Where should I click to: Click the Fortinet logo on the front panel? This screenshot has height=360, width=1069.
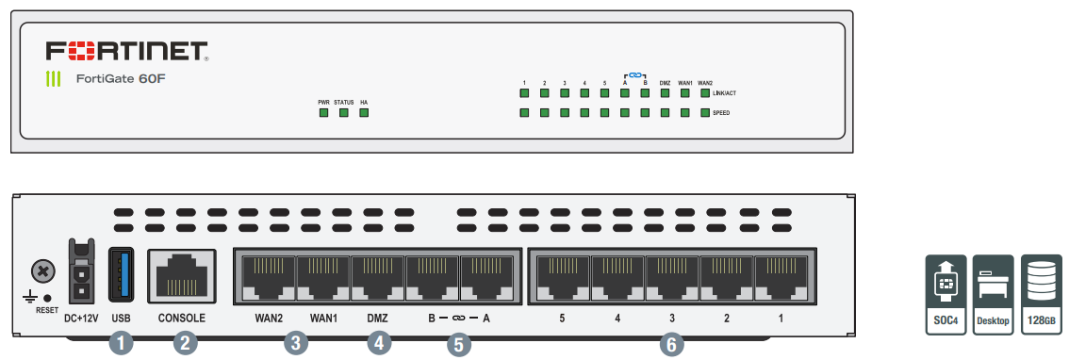(126, 50)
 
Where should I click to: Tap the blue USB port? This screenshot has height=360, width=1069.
(121, 273)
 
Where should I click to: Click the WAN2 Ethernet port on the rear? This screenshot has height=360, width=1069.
(269, 275)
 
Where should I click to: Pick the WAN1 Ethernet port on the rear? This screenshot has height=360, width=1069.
(323, 275)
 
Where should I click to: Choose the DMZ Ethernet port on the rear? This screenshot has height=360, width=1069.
(377, 275)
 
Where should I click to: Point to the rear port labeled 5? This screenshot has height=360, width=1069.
(562, 275)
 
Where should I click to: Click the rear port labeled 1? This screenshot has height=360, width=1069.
(781, 275)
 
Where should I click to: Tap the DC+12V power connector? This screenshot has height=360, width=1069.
(82, 273)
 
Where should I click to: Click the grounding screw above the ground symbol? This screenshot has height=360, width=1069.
(41, 271)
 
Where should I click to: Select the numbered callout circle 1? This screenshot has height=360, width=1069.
(121, 344)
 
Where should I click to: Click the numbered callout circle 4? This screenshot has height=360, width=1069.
(378, 344)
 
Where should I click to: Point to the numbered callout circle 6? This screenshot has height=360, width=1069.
(671, 344)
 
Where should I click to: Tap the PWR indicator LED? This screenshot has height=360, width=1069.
(323, 113)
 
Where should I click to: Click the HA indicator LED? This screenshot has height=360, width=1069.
(363, 113)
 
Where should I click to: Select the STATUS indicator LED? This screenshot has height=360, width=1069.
(343, 113)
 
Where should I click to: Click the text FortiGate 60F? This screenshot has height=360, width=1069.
(121, 78)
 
